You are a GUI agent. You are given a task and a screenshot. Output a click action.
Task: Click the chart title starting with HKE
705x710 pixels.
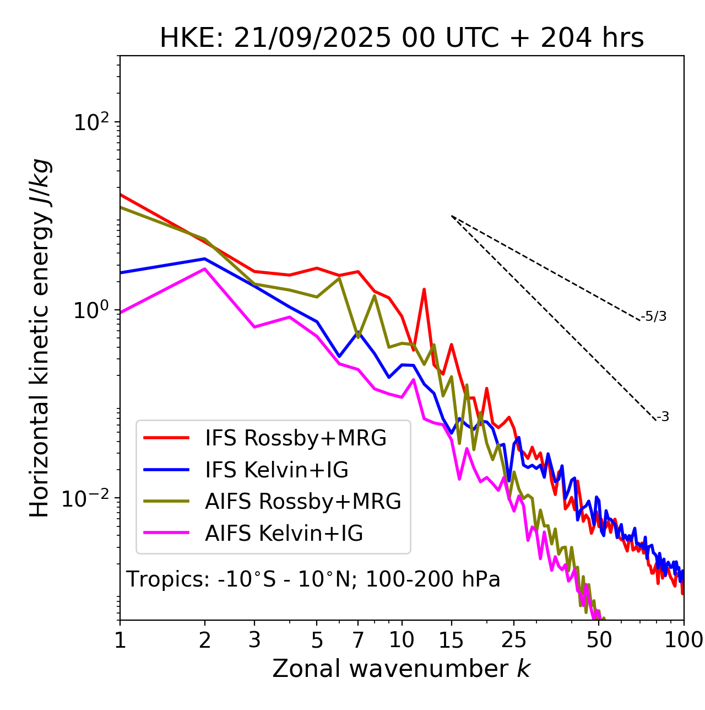click(x=402, y=39)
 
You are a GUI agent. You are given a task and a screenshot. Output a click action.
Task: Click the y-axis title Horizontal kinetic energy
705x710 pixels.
click(x=40, y=337)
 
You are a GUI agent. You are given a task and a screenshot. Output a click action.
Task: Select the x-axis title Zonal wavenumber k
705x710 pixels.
click(x=401, y=669)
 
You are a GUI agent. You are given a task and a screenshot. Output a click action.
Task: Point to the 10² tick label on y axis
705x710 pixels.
click(x=90, y=122)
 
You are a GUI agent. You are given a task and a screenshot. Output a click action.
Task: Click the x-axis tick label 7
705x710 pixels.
click(x=358, y=640)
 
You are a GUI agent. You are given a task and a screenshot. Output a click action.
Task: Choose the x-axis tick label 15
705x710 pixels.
click(x=451, y=640)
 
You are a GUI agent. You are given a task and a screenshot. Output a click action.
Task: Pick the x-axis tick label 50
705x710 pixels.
click(x=599, y=640)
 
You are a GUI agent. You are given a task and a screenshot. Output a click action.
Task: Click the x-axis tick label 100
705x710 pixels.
click(x=683, y=640)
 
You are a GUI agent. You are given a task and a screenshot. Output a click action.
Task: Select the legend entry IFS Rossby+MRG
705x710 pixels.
click(x=295, y=438)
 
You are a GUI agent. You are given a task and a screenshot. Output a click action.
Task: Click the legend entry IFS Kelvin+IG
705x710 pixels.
click(x=276, y=470)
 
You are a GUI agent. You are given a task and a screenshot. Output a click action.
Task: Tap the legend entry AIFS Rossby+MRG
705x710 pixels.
click(x=303, y=502)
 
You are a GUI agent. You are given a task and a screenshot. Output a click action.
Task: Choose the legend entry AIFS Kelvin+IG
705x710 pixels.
click(x=284, y=534)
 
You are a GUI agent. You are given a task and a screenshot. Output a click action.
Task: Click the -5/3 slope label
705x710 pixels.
click(x=654, y=317)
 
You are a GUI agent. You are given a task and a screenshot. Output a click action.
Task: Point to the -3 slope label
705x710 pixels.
click(x=663, y=417)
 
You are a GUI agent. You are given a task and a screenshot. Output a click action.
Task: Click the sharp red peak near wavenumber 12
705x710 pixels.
click(x=424, y=289)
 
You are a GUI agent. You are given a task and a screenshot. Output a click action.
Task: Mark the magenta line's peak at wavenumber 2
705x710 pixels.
click(x=205, y=269)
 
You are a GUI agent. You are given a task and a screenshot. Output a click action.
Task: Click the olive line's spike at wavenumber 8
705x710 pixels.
click(x=375, y=295)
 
